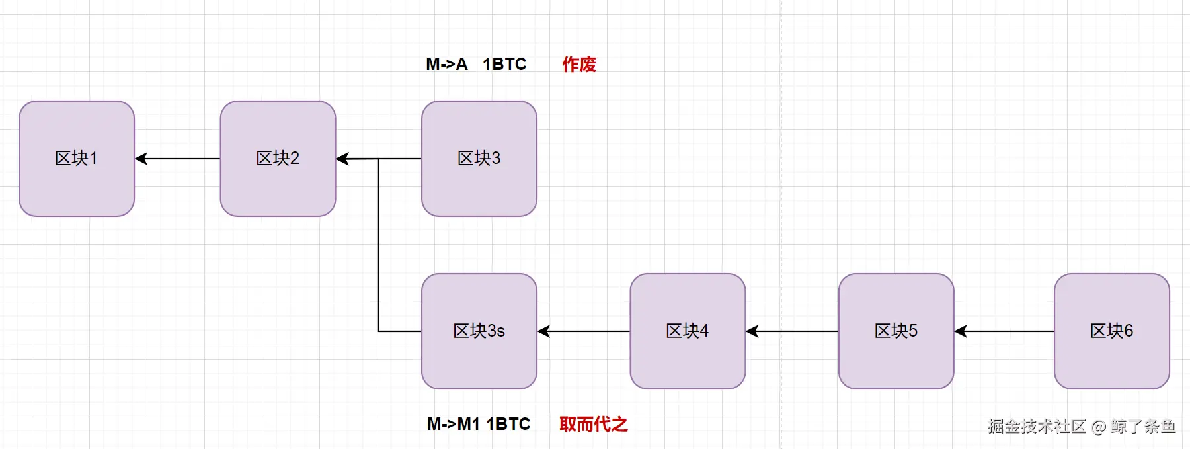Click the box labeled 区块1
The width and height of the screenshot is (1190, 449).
77,159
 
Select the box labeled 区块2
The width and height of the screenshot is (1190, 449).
278,159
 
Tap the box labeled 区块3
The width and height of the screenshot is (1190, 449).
479,159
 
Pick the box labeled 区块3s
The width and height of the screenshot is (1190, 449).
479,331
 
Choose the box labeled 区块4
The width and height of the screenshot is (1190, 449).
688,331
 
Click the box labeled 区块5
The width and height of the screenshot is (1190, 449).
896,331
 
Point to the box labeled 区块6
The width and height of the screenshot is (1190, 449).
1111,331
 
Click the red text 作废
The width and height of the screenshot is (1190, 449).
579,64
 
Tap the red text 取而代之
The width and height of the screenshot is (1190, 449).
593,424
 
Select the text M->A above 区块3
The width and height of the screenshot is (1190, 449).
446,64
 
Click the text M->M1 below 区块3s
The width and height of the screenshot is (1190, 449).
454,424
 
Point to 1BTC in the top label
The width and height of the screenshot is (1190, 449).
504,64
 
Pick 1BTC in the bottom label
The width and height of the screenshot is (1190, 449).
508,424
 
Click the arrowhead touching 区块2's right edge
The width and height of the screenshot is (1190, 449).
343,159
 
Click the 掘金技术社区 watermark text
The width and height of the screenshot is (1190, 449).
1037,427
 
